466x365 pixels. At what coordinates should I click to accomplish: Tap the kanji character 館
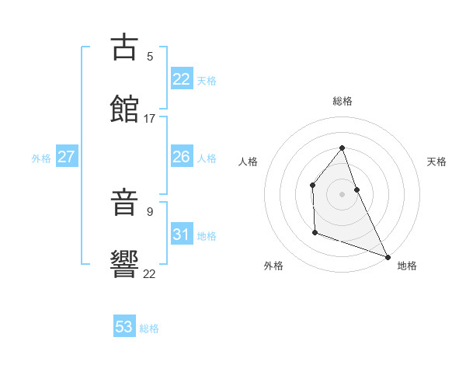click(125, 109)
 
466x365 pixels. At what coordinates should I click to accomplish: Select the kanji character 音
click(125, 203)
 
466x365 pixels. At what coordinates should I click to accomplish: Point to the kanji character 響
click(125, 265)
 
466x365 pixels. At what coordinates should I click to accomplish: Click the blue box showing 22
click(182, 79)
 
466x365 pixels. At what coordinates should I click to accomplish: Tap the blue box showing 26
click(182, 157)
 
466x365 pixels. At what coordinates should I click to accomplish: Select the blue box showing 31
click(182, 235)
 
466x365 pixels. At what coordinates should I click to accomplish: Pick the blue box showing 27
click(67, 157)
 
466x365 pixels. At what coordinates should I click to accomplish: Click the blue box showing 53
click(124, 327)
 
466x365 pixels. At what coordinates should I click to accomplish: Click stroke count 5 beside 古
click(150, 56)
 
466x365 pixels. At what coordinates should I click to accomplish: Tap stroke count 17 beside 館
click(150, 119)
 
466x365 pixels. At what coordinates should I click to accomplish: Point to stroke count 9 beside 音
click(150, 211)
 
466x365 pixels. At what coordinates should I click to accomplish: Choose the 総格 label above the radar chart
click(343, 101)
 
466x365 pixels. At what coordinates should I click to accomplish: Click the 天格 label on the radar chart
click(437, 162)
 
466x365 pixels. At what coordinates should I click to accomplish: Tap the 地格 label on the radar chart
click(407, 266)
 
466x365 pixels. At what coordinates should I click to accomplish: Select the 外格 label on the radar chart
click(273, 266)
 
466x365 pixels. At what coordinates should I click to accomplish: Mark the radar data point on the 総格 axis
click(342, 148)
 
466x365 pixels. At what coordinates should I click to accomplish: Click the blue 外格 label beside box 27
click(41, 158)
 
